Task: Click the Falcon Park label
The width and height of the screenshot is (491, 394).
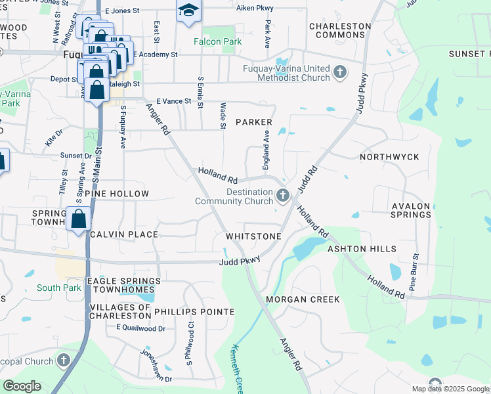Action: click(x=217, y=41)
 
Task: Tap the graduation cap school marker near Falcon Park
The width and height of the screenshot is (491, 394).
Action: click(x=188, y=11)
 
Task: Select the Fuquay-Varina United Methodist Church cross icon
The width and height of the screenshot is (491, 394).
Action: click(x=340, y=72)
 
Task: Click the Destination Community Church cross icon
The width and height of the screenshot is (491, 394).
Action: click(x=283, y=195)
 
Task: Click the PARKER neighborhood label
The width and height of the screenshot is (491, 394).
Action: click(x=253, y=122)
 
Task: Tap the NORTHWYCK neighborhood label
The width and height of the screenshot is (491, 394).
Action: click(x=389, y=158)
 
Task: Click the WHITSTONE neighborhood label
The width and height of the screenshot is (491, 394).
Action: click(x=253, y=236)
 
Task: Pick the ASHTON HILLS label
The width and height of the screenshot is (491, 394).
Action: click(x=362, y=249)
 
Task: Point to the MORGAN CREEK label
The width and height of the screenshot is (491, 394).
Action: click(x=303, y=299)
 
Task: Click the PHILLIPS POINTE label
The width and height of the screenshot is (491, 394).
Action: click(x=194, y=311)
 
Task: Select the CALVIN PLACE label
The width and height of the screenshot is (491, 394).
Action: click(x=124, y=234)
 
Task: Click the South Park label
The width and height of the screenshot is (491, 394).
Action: click(x=58, y=288)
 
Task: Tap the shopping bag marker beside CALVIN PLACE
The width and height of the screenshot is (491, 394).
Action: click(x=78, y=219)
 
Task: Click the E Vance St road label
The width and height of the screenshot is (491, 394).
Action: click(x=173, y=102)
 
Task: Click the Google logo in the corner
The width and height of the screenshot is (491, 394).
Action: click(x=22, y=386)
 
